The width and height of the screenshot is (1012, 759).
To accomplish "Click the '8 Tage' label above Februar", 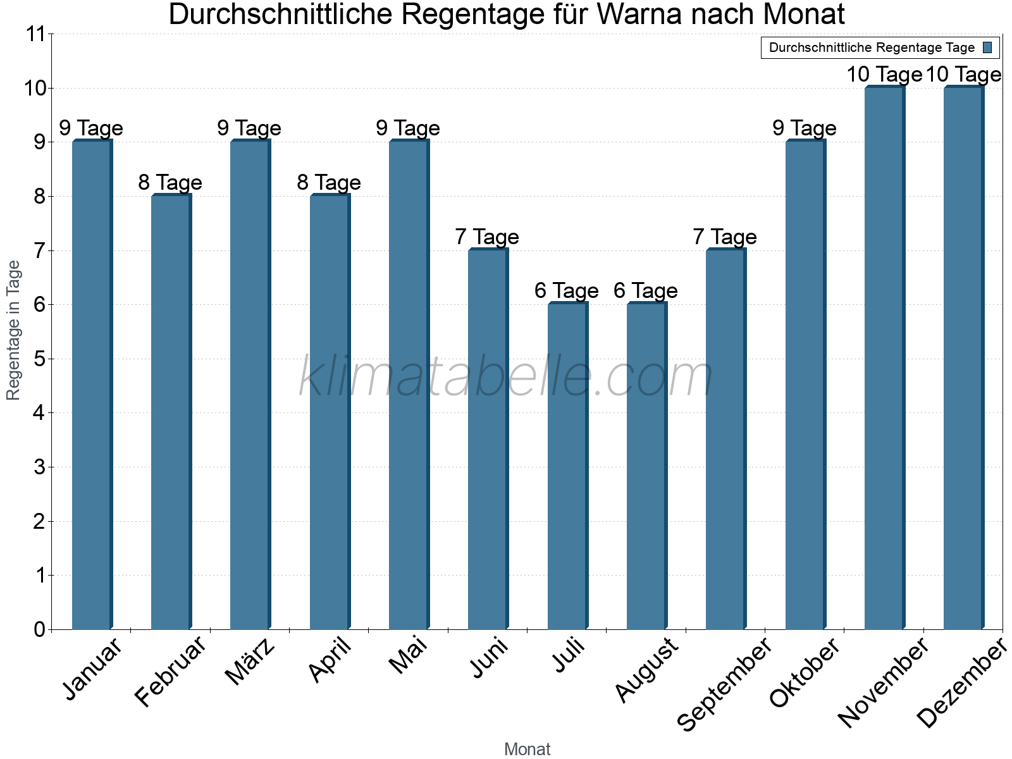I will pos(170,183).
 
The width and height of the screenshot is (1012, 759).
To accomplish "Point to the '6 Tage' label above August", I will pos(646,291).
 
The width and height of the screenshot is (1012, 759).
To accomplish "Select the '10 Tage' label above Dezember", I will pos(964,75).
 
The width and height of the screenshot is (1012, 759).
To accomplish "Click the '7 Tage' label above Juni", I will pos(487,237).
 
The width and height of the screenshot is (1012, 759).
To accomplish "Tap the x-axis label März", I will pos(250,662).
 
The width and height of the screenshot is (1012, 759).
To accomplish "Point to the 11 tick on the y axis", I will pos(37,34).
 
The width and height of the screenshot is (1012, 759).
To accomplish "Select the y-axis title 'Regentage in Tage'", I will pos(13,330).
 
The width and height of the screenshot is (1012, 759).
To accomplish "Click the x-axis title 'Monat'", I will pos(527,749).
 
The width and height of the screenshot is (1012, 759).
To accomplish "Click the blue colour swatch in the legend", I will pos(987,47).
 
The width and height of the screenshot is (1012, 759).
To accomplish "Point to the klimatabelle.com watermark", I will pos(505,377).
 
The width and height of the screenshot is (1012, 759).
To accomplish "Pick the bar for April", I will pos(330,412).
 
